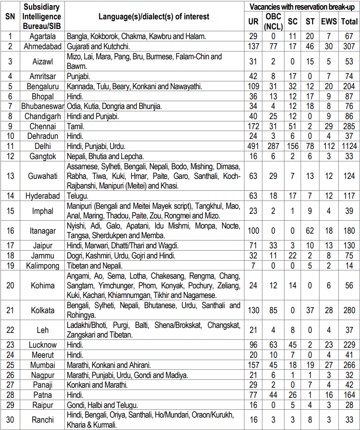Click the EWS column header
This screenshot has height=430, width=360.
pyautogui.click(x=330, y=22)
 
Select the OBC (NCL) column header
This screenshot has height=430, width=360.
pyautogui.click(x=273, y=22)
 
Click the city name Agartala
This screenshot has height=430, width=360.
pyautogui.click(x=42, y=36)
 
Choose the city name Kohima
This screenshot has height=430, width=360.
pyautogui.click(x=42, y=286)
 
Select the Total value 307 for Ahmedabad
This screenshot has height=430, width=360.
pyautogui.click(x=350, y=46)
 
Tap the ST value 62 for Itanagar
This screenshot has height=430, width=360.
pyautogui.click(x=310, y=230)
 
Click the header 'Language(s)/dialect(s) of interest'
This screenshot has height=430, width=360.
pyautogui.click(x=154, y=17)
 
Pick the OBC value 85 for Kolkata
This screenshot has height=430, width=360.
pyautogui.click(x=273, y=310)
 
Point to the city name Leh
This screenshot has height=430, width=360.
pyautogui.click(x=42, y=330)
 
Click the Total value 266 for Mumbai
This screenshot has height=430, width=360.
pyautogui.click(x=350, y=365)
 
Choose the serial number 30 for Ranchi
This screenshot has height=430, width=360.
pyautogui.click(x=10, y=419)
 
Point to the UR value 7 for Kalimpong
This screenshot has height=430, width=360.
pyautogui.click(x=254, y=265)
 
